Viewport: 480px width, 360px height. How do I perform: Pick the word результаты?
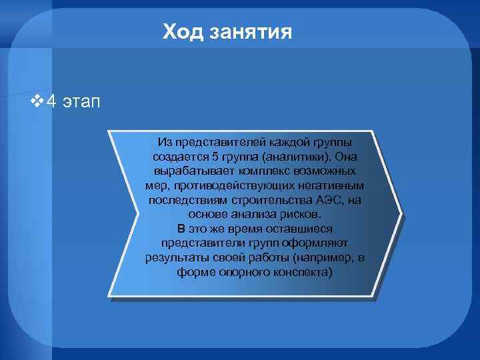[175, 258]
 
